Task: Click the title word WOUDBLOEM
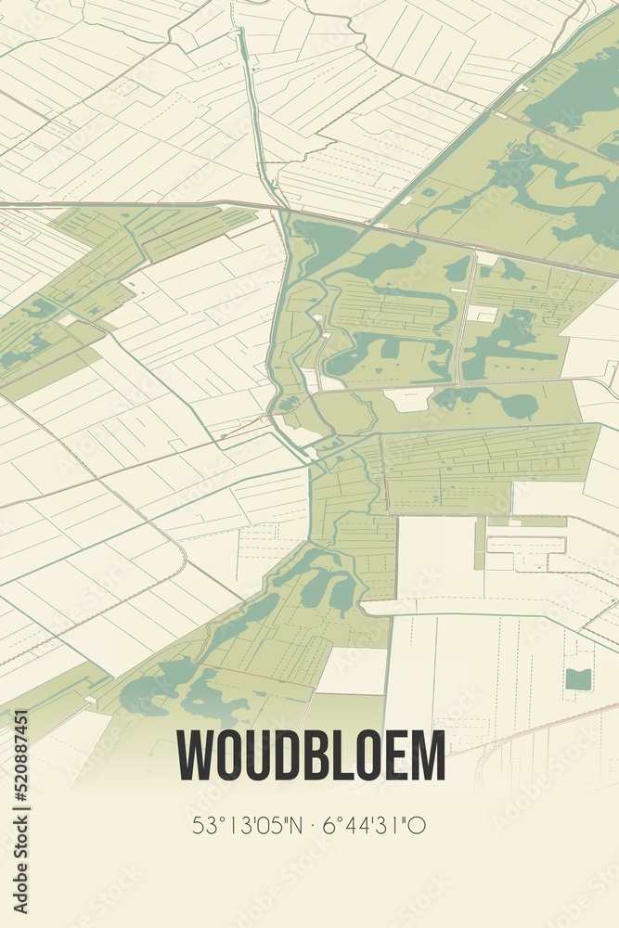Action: pyautogui.click(x=311, y=756)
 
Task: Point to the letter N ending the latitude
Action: pyautogui.click(x=292, y=824)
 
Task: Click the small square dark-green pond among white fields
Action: pyautogui.click(x=578, y=678)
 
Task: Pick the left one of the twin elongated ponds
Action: pyautogui.click(x=316, y=586)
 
